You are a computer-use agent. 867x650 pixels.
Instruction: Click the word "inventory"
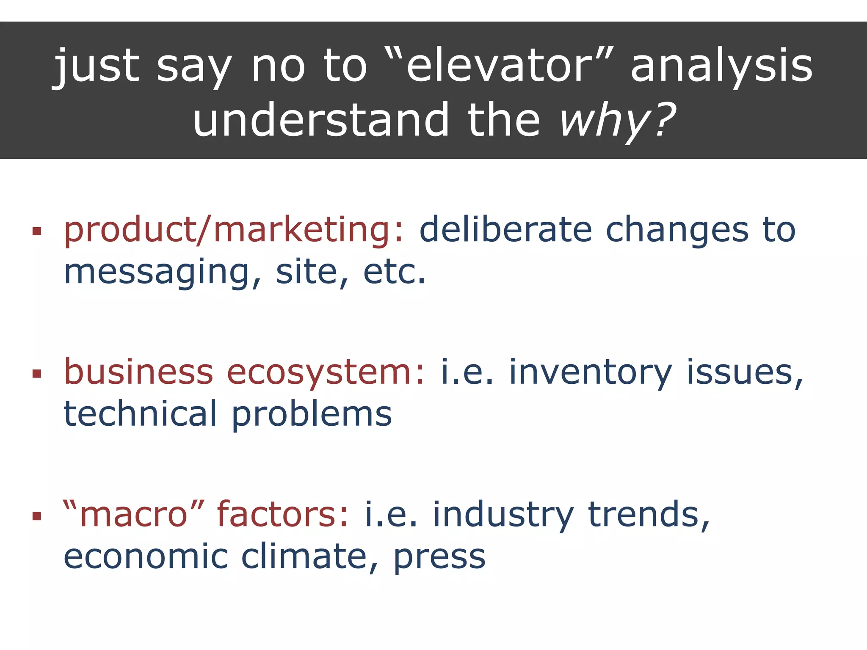(590, 372)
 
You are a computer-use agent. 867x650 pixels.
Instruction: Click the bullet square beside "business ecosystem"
(37, 373)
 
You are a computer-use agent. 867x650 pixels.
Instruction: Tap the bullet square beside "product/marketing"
(37, 231)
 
